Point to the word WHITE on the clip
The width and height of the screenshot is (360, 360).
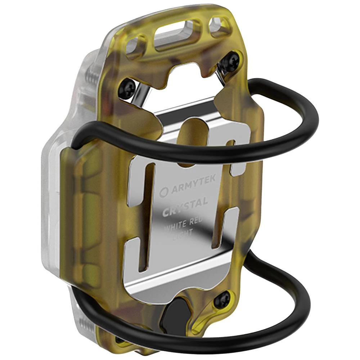175,226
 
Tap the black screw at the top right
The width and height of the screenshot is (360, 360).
230,62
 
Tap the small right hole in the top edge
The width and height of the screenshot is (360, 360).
220,26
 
